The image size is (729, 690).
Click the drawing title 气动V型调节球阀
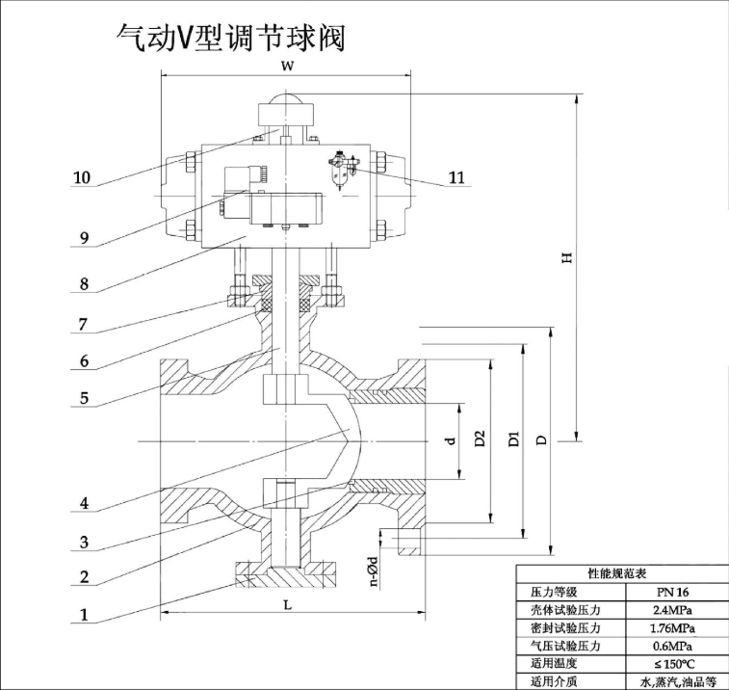(230, 38)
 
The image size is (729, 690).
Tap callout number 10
(82, 177)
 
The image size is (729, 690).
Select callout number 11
(456, 177)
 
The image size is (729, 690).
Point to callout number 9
(84, 238)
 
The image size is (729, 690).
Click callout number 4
(84, 503)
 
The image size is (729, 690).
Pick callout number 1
(84, 615)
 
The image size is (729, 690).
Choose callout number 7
(83, 324)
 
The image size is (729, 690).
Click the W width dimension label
(288, 66)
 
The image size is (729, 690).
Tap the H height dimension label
(567, 257)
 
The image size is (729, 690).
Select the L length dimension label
(288, 604)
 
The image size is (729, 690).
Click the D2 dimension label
(480, 438)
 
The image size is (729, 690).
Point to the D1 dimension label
(513, 438)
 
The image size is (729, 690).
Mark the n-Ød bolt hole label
(375, 571)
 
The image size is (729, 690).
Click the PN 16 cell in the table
(673, 592)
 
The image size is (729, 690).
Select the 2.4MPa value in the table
(673, 609)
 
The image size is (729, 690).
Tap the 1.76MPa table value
(673, 627)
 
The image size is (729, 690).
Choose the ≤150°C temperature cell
(673, 664)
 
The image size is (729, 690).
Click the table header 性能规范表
(617, 573)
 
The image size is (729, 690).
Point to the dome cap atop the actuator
(285, 98)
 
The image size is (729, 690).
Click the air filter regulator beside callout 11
(343, 170)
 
